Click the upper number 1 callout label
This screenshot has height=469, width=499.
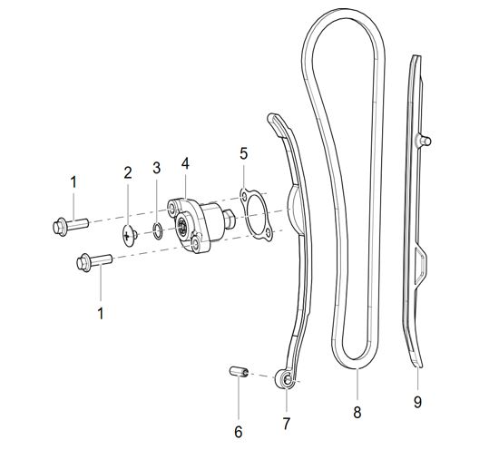(x=73, y=182)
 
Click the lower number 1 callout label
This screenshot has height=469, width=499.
(x=101, y=313)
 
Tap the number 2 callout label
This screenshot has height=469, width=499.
(x=128, y=172)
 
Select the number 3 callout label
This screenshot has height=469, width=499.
(x=156, y=168)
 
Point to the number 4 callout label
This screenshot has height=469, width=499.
(x=185, y=163)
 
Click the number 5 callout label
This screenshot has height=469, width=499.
(x=243, y=153)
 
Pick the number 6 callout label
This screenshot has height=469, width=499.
(x=239, y=432)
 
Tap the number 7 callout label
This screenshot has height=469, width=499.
(x=287, y=423)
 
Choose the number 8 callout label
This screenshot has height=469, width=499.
(x=357, y=413)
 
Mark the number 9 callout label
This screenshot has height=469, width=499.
(x=417, y=402)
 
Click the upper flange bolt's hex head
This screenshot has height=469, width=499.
(x=60, y=227)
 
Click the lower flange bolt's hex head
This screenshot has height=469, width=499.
(x=84, y=262)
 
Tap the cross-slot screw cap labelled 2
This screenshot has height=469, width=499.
(x=130, y=236)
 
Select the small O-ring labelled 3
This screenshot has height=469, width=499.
(x=157, y=231)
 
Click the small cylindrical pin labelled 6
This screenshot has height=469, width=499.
(x=239, y=372)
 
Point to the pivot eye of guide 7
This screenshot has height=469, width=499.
(x=286, y=378)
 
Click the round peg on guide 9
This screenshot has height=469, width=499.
(x=425, y=141)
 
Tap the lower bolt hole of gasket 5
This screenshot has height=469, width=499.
(x=269, y=235)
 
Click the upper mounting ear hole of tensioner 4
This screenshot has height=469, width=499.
(x=172, y=209)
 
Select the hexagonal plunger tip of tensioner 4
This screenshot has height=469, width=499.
(x=230, y=220)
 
